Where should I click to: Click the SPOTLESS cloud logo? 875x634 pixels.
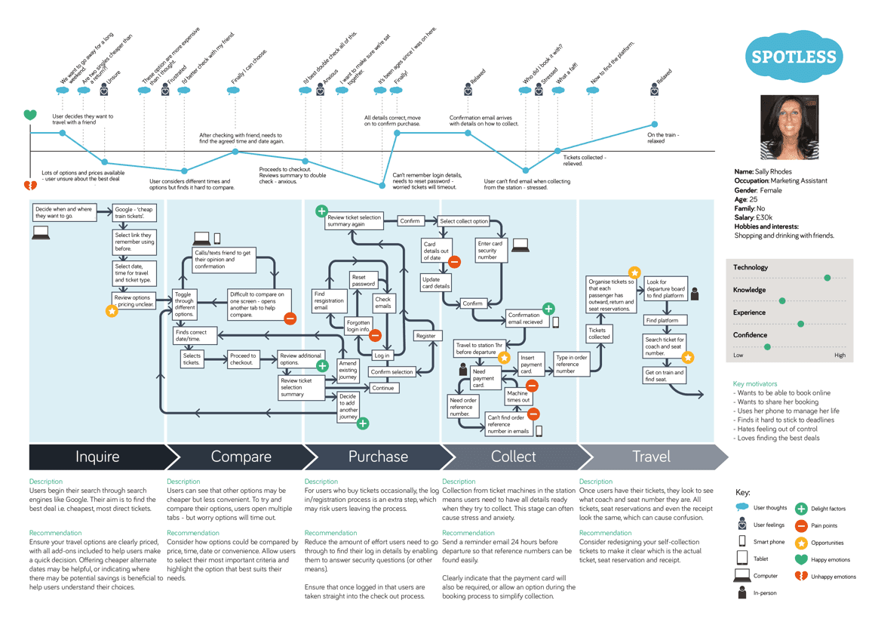click(793, 57)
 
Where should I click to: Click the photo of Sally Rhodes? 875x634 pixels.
click(788, 127)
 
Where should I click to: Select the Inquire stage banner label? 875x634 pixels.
click(97, 457)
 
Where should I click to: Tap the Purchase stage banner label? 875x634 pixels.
click(378, 457)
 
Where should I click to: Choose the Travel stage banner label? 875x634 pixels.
click(651, 457)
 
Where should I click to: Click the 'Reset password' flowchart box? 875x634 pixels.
click(364, 280)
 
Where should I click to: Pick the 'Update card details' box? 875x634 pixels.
click(436, 283)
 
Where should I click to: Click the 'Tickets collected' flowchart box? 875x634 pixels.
click(599, 334)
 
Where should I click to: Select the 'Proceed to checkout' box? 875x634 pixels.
click(243, 359)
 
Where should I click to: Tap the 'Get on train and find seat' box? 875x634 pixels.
click(664, 376)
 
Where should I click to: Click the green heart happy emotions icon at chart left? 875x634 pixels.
click(29, 115)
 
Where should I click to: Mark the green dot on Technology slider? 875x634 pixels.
click(827, 278)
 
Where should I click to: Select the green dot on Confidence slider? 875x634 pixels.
click(767, 347)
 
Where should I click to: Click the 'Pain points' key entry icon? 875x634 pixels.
click(801, 525)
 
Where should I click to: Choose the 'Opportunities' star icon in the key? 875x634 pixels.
click(801, 543)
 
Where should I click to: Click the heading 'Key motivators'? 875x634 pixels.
click(754, 384)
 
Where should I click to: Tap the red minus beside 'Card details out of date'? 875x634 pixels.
click(454, 262)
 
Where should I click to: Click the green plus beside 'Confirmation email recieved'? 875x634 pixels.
click(548, 308)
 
